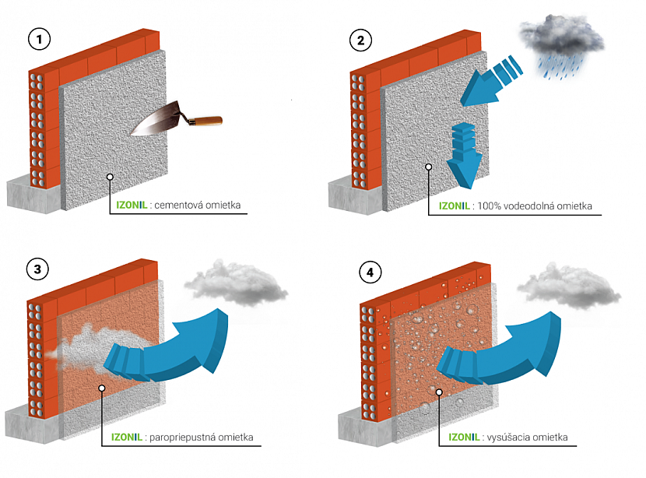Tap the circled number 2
(x=360, y=39)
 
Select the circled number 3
(x=37, y=269)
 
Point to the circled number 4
(x=370, y=272)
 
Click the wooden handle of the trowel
(x=205, y=121)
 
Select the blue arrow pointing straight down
(x=465, y=159)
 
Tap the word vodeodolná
(x=529, y=206)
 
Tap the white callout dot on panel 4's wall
(x=439, y=392)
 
